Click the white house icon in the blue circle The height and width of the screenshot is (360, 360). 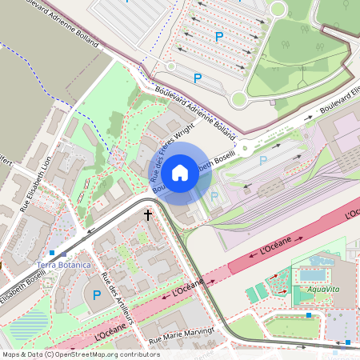tap(180, 172)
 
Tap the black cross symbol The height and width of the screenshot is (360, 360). tap(148, 214)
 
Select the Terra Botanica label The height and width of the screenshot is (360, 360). tap(64, 264)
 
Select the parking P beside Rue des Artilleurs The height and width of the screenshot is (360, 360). tap(97, 296)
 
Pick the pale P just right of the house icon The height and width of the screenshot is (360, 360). tap(214, 196)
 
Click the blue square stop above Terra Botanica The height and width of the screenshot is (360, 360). tap(52, 252)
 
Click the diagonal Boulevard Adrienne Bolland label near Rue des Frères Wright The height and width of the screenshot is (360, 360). tap(195, 110)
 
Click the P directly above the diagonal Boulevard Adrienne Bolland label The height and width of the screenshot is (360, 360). tap(198, 78)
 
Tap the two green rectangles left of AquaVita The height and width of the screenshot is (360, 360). tap(258, 292)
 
